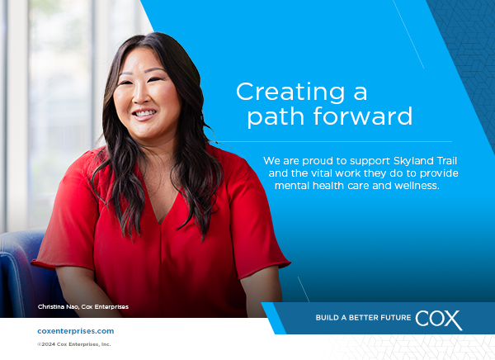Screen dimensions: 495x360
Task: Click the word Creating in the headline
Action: coord(290,92)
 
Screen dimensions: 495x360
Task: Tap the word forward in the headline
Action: coord(363,116)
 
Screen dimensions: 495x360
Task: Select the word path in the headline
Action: coord(276,116)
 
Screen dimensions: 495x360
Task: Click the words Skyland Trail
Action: coord(425,161)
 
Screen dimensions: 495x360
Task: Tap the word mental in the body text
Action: coord(292,186)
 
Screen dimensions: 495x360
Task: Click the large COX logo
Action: coord(439,320)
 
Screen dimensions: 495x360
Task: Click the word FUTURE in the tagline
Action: coord(397,318)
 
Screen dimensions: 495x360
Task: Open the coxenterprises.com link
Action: coord(76,331)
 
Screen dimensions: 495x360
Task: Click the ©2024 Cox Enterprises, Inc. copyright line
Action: coord(74,344)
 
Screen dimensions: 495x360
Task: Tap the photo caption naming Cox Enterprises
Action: coord(83,306)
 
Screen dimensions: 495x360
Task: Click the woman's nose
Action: coord(143,95)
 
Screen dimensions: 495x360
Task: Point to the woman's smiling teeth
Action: coord(144,113)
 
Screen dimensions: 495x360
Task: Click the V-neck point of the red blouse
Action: coord(160,223)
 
